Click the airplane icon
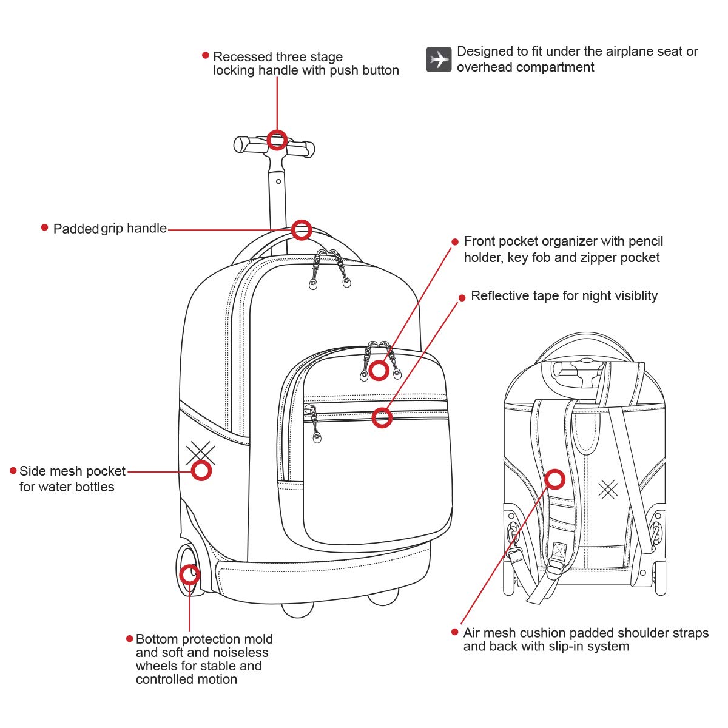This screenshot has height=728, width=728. coord(439,59)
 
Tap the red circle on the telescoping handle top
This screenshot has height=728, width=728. coord(277,140)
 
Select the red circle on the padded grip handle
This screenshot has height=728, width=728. coord(302,230)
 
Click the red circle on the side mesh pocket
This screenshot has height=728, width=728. coord(201,470)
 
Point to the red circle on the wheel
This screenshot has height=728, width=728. coord(190,573)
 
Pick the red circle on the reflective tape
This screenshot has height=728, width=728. coord(382,417)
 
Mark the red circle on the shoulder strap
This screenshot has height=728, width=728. coord(555,479)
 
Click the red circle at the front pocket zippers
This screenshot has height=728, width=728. coord(379,369)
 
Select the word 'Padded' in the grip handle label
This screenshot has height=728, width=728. coord(76,229)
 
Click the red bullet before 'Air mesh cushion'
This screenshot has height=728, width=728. coord(455,632)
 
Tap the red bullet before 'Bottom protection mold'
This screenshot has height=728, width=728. coord(129,638)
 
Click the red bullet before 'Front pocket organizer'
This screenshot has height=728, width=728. coord(455,241)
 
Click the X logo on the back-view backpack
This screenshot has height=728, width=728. coord(607,489)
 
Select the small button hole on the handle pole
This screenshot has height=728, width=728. coord(278,181)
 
